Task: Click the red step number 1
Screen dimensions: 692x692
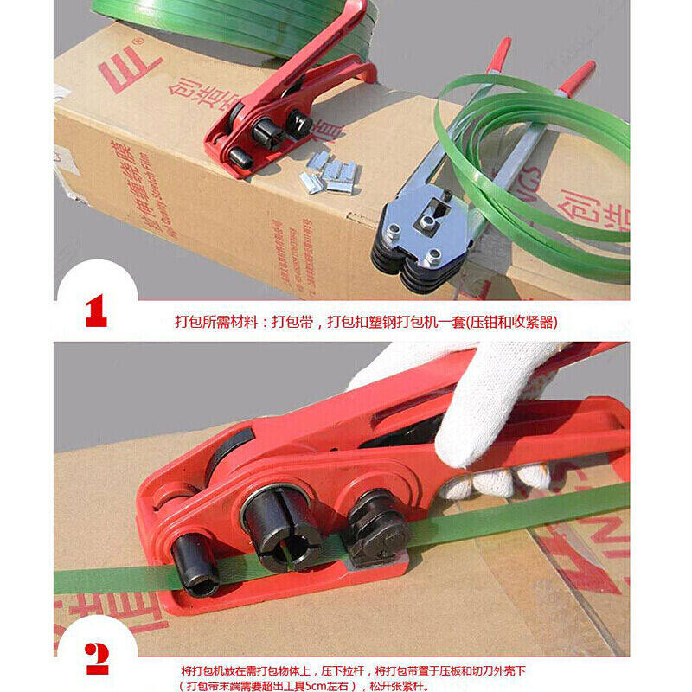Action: click(96, 311)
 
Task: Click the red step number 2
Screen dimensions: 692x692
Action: click(97, 659)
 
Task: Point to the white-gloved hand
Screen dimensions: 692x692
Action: click(484, 407)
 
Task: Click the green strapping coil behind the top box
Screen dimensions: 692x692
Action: click(234, 22)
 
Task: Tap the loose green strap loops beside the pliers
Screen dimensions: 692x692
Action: click(554, 173)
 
